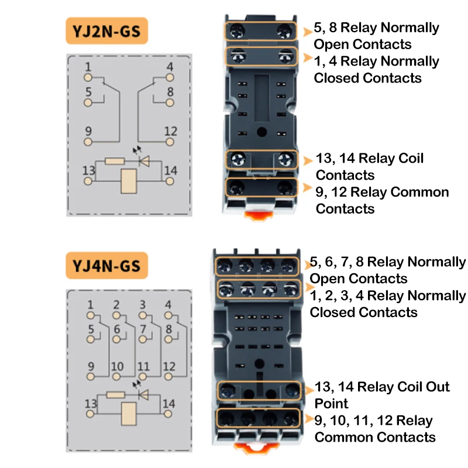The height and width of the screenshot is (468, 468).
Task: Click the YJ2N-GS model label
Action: [106, 31]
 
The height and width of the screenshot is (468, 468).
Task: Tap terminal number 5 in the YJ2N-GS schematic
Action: [88, 102]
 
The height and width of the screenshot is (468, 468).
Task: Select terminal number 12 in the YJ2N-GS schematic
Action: [170, 141]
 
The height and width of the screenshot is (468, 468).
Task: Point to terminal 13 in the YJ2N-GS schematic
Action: [88, 181]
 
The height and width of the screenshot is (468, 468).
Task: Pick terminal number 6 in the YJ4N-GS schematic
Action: [117, 339]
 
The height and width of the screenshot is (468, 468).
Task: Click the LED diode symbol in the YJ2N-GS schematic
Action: [141, 160]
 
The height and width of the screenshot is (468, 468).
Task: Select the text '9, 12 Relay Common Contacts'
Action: [382, 200]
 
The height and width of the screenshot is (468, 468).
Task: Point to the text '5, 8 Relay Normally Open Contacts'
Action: [376, 36]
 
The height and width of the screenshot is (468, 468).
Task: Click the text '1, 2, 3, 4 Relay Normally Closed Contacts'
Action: [387, 304]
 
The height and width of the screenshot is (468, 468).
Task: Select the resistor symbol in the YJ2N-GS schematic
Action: [115, 161]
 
